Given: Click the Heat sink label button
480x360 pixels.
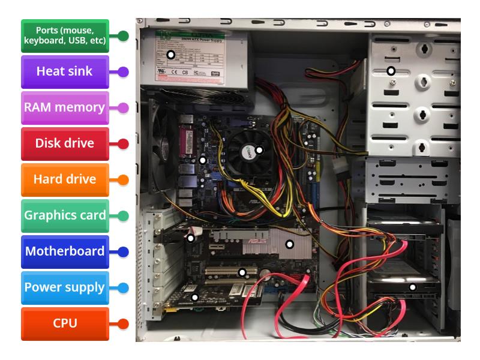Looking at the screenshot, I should (65, 71).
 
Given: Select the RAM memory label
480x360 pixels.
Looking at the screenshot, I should (65, 108).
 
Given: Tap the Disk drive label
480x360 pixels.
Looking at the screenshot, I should (65, 144).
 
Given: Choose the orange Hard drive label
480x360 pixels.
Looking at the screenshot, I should (65, 179).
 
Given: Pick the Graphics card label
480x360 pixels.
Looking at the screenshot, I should (65, 215).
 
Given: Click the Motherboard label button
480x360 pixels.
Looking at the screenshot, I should (65, 251).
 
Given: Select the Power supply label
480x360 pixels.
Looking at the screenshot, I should (65, 287).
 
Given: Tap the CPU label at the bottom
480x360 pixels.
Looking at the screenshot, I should (65, 323).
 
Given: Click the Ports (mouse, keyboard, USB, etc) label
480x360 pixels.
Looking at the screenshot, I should (65, 35).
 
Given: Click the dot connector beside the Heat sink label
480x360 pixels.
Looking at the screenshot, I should (123, 72).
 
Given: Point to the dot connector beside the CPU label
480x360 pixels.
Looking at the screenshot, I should (123, 324).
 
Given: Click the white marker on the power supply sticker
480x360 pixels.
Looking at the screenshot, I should (171, 55).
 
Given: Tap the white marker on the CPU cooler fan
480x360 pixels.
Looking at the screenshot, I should (259, 150).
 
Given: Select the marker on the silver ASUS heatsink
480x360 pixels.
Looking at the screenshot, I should (289, 244).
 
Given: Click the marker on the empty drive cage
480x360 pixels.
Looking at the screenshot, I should (391, 71).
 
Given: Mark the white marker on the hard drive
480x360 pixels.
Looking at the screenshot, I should (412, 287).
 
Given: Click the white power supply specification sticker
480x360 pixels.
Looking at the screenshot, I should (195, 57).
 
